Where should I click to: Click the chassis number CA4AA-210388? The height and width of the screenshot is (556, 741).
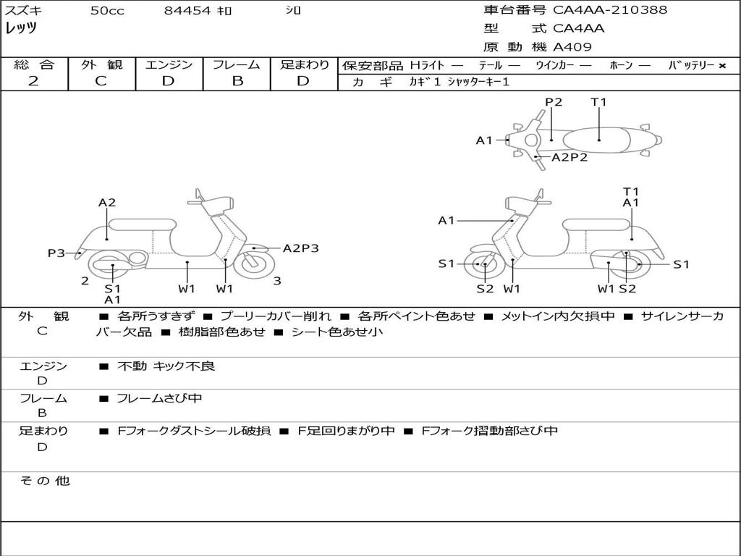point(610,10)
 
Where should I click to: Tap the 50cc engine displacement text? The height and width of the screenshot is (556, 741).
point(107,11)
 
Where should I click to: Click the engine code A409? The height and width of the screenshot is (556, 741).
point(572,47)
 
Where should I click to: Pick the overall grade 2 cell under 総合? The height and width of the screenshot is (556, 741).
point(33,81)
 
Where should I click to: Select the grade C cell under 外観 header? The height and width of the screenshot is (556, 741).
point(101,81)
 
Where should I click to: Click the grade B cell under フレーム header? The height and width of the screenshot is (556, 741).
point(237,81)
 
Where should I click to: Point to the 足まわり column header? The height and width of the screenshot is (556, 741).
point(304,65)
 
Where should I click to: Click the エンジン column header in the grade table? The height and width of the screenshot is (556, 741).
point(169,65)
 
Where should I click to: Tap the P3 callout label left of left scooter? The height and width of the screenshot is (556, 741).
point(56,253)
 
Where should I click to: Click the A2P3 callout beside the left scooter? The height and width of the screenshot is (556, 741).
point(300,248)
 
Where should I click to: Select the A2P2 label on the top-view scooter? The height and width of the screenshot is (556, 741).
point(569,157)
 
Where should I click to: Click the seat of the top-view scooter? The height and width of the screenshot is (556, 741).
point(598,138)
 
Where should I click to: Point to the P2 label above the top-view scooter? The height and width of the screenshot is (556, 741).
point(554,102)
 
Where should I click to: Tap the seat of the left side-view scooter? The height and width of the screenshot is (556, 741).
point(143,224)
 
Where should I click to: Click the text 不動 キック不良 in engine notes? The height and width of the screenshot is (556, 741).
point(166,366)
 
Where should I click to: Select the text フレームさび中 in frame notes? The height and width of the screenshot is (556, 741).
point(159,398)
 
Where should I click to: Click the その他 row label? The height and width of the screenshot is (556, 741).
point(44,481)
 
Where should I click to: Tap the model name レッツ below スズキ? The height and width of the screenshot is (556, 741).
point(21,29)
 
